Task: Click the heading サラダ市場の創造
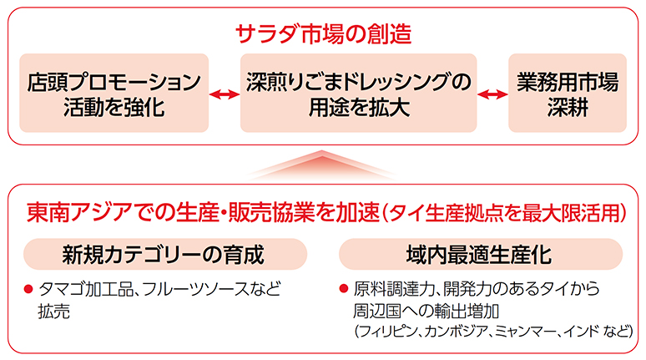coord(323,33)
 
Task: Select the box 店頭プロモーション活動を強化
coord(114,93)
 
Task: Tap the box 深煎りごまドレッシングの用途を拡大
coord(358,93)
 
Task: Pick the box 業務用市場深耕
coord(568,93)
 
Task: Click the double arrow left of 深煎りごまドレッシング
coord(225,94)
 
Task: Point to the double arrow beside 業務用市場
coord(492,94)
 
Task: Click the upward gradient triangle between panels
coord(321,165)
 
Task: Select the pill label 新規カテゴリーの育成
coord(165,254)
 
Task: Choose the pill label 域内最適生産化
coord(481,254)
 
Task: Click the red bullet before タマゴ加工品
coord(28,289)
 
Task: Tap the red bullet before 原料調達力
coord(344,288)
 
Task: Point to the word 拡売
coord(54,312)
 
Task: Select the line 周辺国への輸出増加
coord(426,311)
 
